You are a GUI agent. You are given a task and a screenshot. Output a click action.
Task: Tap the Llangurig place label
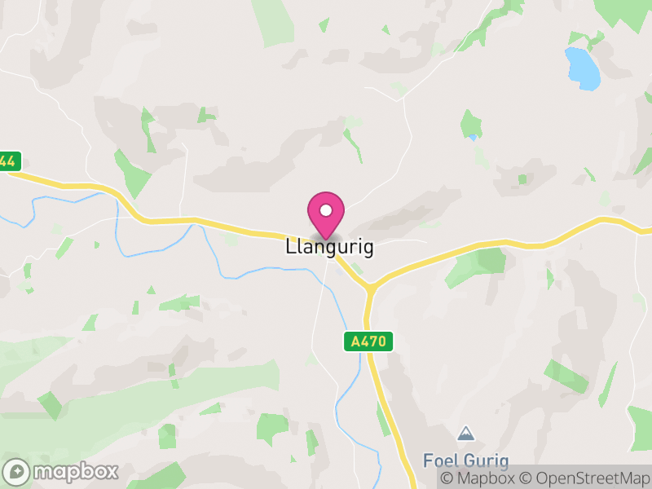(329, 248)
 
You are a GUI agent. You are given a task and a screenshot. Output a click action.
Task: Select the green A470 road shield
(368, 342)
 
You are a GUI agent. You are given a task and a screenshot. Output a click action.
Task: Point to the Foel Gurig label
(465, 460)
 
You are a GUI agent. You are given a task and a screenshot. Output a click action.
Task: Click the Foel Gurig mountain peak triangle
(465, 433)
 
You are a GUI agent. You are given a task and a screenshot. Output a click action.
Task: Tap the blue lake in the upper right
(583, 68)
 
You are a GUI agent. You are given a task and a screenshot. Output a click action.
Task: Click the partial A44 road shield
(9, 161)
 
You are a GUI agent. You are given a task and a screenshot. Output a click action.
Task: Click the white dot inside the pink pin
(326, 210)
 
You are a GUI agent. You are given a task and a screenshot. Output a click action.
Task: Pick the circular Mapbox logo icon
(17, 471)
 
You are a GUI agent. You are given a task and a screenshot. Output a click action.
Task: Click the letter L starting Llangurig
(290, 248)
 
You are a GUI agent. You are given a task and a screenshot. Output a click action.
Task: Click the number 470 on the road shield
(373, 342)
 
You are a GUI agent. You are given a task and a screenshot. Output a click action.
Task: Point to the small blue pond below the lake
(473, 138)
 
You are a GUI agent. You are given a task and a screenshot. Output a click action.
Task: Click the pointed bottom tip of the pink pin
(326, 239)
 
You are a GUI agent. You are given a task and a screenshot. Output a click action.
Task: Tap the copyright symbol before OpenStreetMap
(526, 479)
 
